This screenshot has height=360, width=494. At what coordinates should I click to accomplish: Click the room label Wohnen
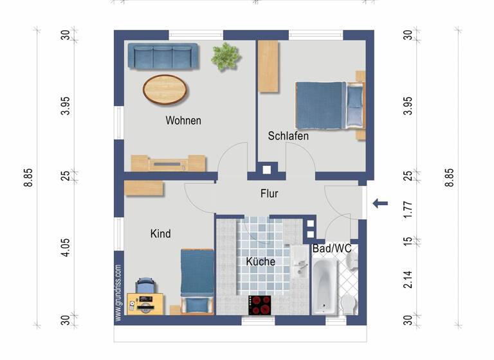183,120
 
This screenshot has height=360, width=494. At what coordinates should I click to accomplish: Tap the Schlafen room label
288,136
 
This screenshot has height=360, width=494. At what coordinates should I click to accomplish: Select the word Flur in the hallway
270,193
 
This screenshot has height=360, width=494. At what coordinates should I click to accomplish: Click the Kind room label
161,234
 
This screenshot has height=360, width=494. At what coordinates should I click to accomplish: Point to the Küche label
261,262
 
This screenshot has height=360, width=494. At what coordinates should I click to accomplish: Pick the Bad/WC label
331,248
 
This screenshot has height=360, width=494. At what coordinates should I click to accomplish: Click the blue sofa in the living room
163,55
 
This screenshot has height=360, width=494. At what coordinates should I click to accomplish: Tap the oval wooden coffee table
165,89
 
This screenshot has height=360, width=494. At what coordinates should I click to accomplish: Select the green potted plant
226,57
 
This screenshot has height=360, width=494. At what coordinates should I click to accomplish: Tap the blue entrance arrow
380,204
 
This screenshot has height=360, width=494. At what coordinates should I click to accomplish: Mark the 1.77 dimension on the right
407,207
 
